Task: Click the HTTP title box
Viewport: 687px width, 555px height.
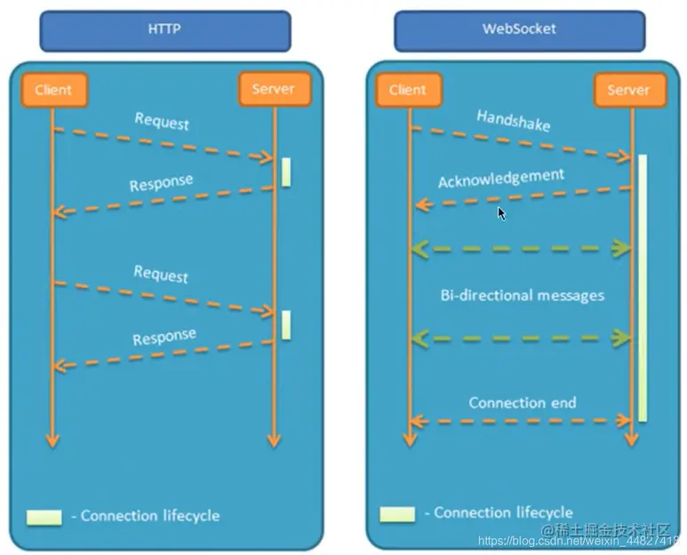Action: [165, 31]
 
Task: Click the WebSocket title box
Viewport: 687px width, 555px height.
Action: [520, 31]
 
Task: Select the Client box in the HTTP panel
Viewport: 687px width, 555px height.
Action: [54, 90]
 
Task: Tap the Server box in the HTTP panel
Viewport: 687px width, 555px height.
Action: [275, 90]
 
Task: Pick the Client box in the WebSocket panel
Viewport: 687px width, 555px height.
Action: [409, 90]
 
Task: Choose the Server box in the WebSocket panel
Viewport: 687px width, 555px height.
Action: [630, 91]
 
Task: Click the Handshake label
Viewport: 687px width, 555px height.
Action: [514, 121]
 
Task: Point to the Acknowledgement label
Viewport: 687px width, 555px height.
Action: [501, 178]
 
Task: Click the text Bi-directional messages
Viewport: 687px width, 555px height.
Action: [523, 295]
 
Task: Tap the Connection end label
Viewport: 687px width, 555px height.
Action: [523, 402]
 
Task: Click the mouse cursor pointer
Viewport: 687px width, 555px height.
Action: [501, 213]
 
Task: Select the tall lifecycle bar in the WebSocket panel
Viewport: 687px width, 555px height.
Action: [643, 288]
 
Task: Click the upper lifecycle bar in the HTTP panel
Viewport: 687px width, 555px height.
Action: [286, 173]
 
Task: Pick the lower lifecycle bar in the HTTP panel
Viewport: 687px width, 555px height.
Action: [286, 325]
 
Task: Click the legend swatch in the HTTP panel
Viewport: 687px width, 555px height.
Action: [44, 518]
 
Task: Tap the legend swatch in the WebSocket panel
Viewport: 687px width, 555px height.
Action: [397, 514]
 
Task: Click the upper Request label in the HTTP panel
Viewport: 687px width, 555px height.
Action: [162, 122]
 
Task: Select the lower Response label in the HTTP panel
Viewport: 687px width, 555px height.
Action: [164, 337]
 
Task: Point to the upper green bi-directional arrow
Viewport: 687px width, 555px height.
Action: [522, 248]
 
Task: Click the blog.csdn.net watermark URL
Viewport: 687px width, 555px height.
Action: [579, 542]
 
